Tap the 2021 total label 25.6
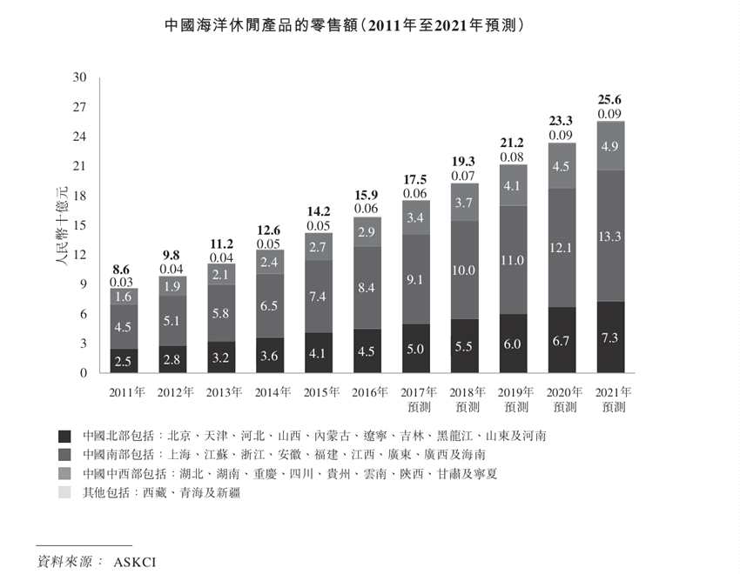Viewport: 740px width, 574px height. tap(609, 100)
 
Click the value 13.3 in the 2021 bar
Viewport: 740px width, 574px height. tap(609, 236)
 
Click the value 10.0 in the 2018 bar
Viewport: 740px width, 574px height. tap(464, 270)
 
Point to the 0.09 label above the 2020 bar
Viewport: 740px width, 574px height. tap(562, 136)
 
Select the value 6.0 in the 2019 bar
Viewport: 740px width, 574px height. tap(513, 344)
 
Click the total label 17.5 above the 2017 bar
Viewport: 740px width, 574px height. tap(415, 180)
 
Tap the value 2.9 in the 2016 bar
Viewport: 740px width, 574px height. tap(367, 232)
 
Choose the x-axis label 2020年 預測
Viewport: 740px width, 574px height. tap(562, 399)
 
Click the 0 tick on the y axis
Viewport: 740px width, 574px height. tap(83, 373)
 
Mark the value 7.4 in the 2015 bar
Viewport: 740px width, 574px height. tap(318, 297)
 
